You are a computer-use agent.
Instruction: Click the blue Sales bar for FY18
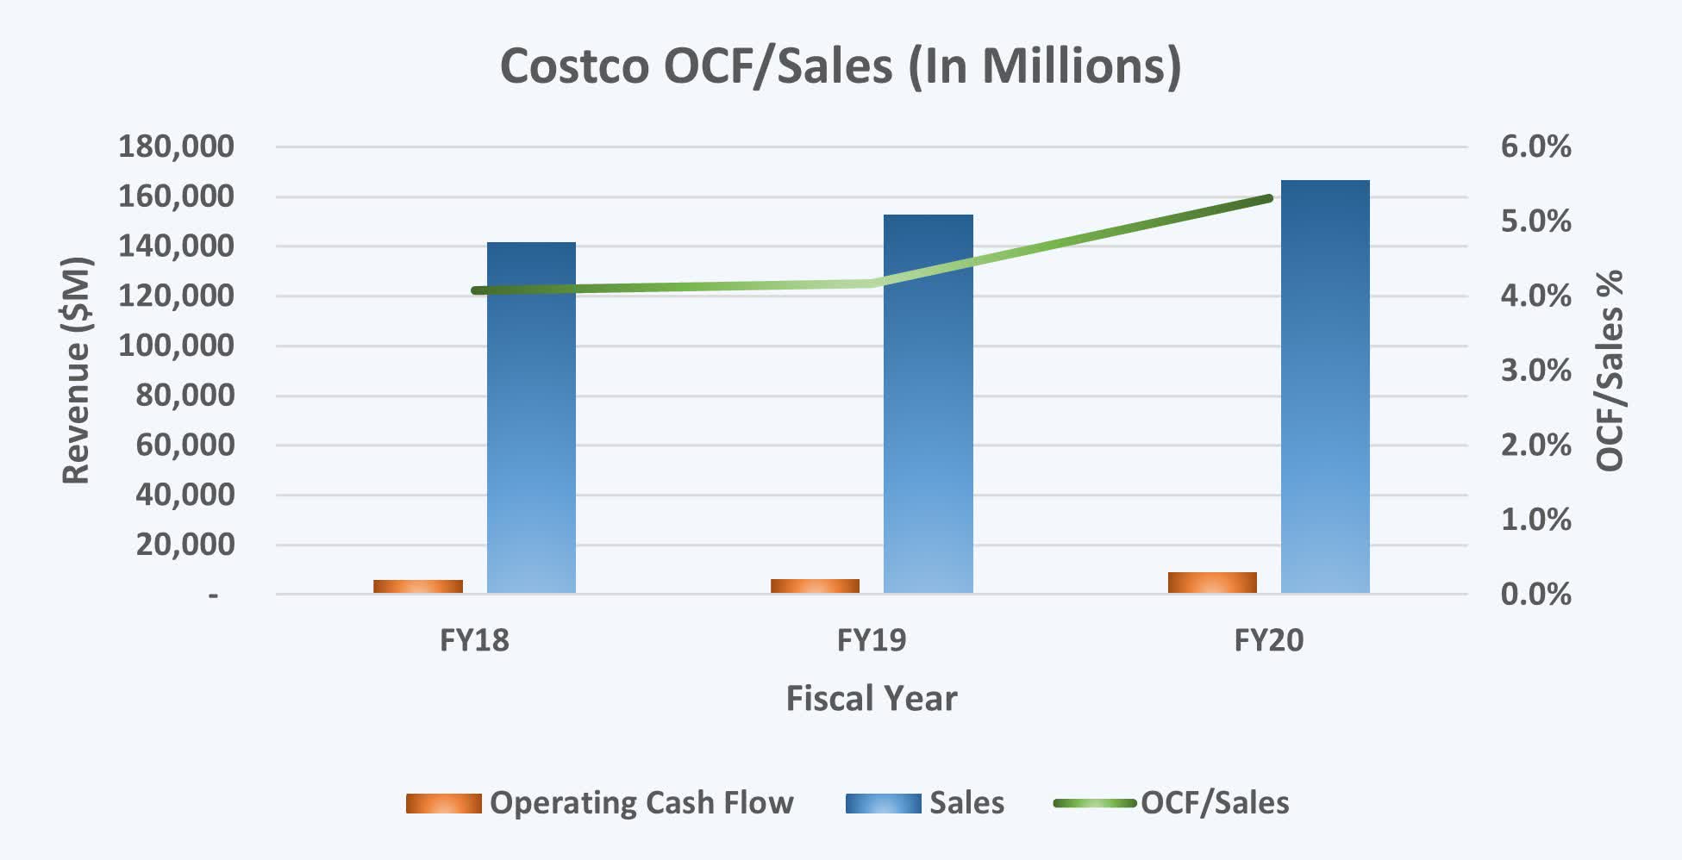[531, 418]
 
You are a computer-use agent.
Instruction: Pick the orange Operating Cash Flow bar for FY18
[418, 586]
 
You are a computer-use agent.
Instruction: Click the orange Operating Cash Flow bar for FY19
[815, 586]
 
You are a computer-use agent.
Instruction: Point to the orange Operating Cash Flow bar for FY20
[1212, 583]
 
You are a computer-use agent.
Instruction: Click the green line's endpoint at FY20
[1269, 198]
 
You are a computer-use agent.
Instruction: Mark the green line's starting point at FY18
[475, 290]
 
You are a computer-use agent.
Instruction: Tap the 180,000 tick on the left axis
[176, 146]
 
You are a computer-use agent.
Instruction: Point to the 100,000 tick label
[176, 346]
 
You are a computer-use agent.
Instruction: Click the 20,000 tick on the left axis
[184, 545]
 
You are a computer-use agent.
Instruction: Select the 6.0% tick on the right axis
[1535, 146]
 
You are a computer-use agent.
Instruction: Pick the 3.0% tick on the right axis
[1535, 371]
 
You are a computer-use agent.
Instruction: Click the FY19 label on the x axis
[872, 640]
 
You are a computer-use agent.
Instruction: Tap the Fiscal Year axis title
[871, 698]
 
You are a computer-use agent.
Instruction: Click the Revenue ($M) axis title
[76, 371]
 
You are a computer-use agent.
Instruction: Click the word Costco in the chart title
[573, 65]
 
